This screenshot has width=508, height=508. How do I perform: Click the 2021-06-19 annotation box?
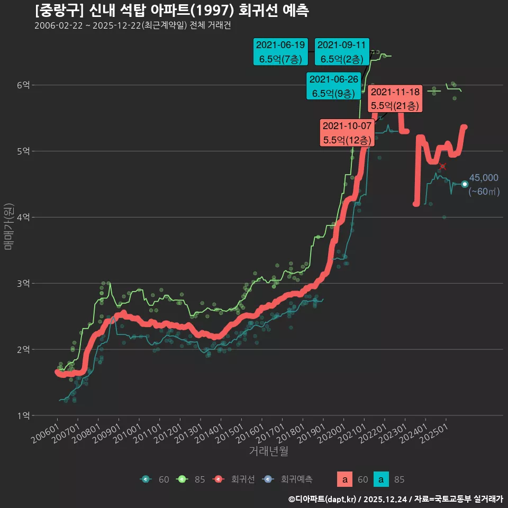(280, 51)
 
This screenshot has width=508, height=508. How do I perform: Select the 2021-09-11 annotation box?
(342, 51)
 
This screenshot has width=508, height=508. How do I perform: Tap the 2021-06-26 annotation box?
(333, 86)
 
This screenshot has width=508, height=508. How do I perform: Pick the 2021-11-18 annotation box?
(396, 98)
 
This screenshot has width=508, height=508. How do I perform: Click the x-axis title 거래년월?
(268, 451)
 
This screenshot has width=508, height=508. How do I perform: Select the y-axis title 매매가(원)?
(8, 226)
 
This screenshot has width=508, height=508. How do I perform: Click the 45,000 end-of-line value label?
(484, 178)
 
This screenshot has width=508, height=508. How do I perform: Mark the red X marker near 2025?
(442, 166)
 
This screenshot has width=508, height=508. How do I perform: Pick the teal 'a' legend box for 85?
(381, 479)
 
